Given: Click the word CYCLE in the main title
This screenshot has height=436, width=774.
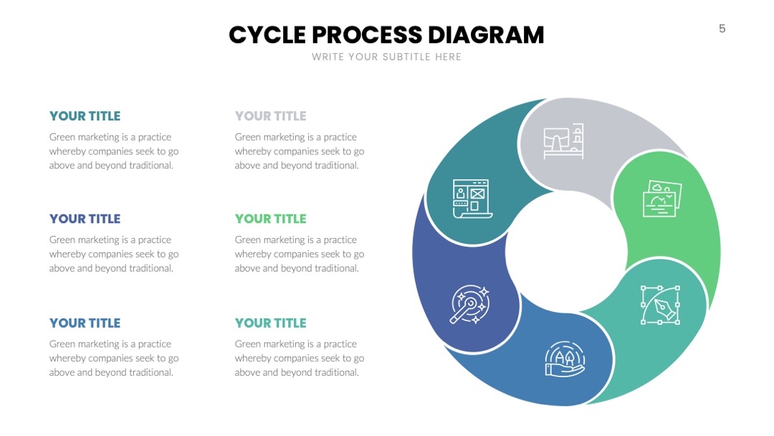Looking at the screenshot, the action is [x=267, y=35].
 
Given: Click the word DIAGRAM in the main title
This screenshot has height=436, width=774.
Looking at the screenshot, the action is [x=486, y=35].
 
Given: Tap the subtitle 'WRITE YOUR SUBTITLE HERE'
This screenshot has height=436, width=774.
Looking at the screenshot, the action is [x=386, y=57].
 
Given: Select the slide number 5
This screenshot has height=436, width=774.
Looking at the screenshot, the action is [x=722, y=29].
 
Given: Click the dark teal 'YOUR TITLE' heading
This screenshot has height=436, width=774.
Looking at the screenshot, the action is [x=85, y=116].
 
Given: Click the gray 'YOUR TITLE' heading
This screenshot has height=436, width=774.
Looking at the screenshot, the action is [x=270, y=116].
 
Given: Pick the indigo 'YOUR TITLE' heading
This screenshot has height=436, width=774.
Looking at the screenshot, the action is [x=85, y=219].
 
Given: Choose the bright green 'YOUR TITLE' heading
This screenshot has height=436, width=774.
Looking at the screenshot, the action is [x=270, y=219].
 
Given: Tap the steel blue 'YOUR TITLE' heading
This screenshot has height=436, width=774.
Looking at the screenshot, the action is [x=85, y=323].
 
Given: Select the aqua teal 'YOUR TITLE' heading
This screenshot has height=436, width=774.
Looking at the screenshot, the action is [x=270, y=323].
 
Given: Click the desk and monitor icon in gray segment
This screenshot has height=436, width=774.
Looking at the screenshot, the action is [x=563, y=141].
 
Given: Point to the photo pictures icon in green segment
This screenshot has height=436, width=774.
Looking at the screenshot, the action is [x=662, y=199].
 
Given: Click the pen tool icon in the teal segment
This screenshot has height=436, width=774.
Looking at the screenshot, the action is [x=660, y=305].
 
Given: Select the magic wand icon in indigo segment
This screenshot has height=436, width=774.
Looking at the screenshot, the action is [x=469, y=304].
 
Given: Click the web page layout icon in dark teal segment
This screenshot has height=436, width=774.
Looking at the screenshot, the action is [x=472, y=199].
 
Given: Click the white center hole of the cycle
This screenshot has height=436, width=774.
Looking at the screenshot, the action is [x=566, y=252].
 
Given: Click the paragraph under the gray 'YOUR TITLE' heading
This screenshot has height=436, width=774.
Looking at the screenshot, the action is [x=300, y=151].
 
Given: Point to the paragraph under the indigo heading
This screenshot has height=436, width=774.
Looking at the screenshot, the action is [x=114, y=254].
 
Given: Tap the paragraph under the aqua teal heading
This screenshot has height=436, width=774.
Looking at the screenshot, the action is [x=300, y=358].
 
